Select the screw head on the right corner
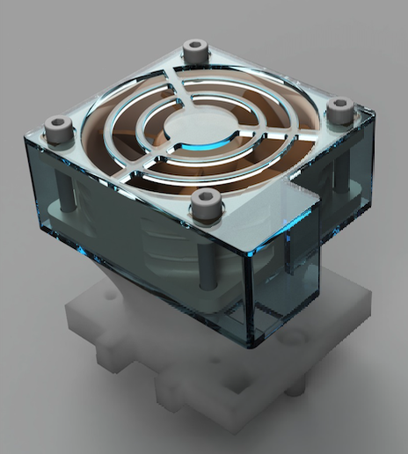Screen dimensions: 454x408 point(340,109)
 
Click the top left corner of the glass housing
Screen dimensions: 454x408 point(25,136)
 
